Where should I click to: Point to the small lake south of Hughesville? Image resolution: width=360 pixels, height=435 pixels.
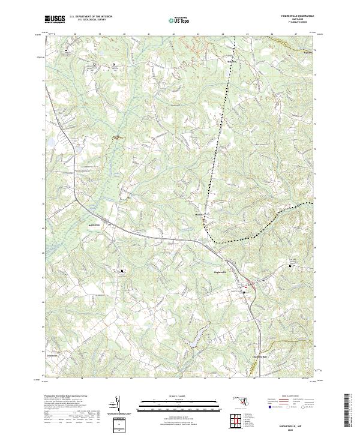click(194, 343)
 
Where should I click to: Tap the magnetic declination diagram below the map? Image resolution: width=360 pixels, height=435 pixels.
click(118, 404)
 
